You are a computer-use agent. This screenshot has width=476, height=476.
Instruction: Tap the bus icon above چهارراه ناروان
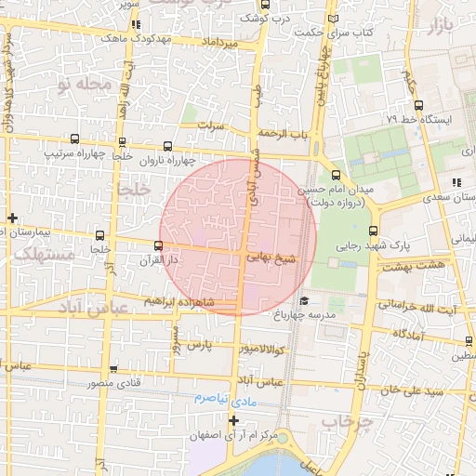point(166,146)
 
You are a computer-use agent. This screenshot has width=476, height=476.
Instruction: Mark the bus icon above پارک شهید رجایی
point(374,231)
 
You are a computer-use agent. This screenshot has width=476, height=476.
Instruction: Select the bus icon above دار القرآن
point(158,246)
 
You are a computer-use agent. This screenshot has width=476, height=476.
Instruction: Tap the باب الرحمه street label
point(284,134)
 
